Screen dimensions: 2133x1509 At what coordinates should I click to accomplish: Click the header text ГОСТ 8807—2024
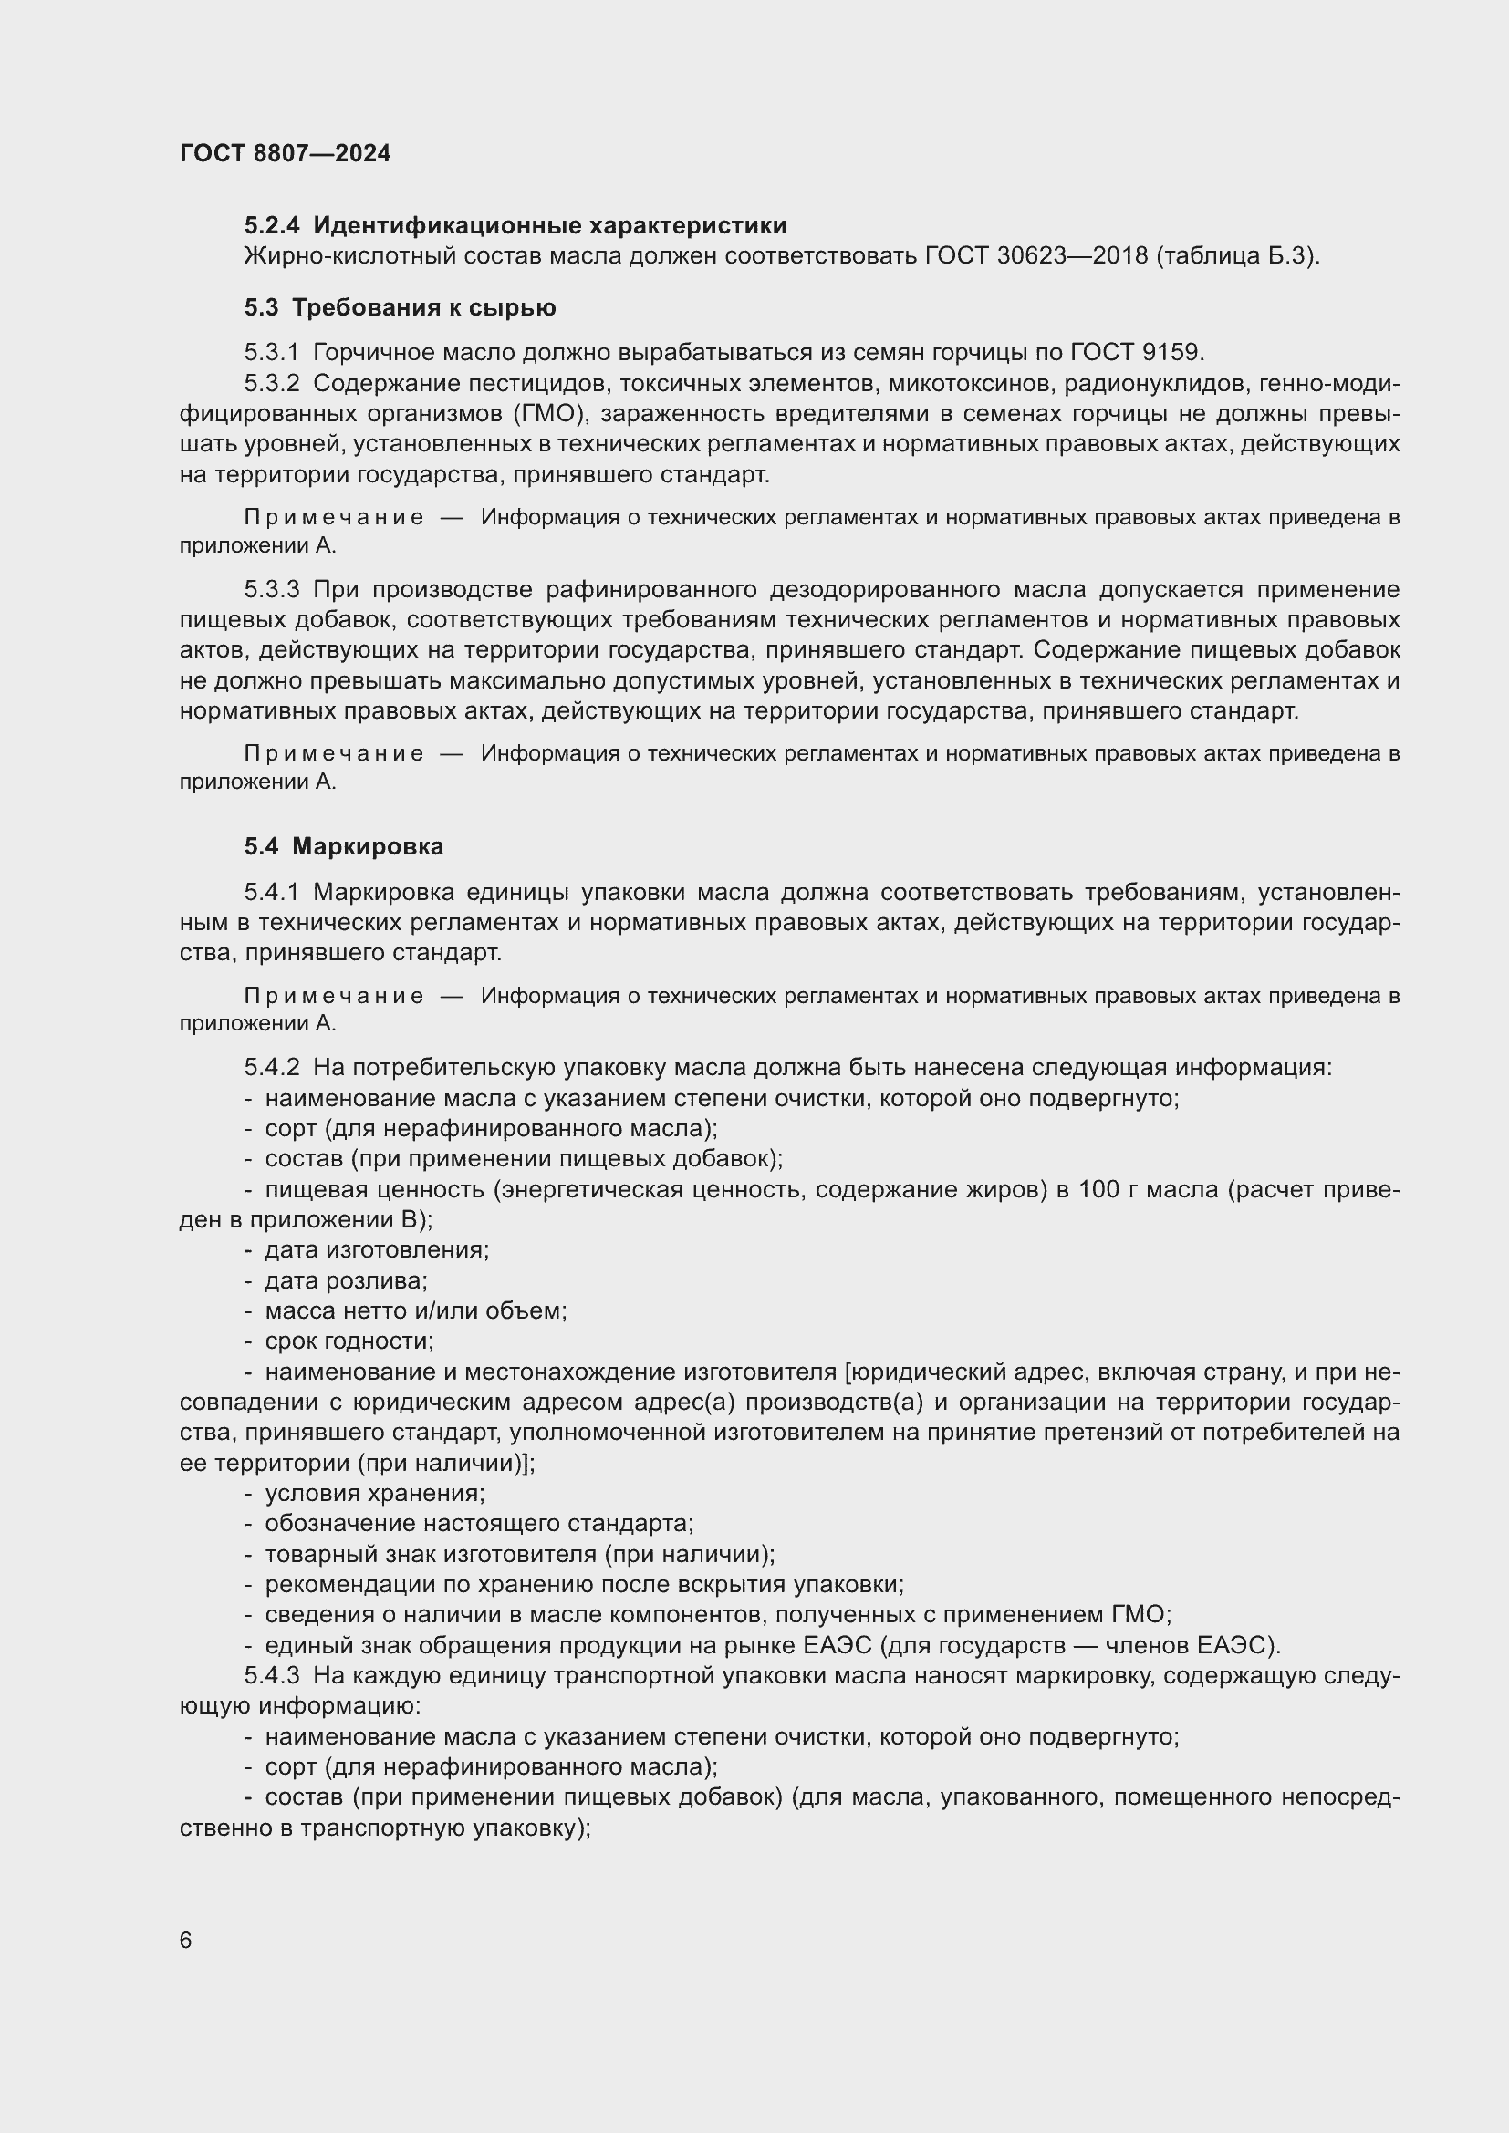pos(286,153)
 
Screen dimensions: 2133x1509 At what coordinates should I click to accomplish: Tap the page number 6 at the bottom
pos(186,1940)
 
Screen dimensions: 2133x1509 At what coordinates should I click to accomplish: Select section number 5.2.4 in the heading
pos(272,226)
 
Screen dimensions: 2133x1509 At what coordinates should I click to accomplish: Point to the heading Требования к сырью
pos(423,307)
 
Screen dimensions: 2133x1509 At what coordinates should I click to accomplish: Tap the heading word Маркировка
pos(367,846)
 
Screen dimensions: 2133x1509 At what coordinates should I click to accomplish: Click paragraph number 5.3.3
pos(272,590)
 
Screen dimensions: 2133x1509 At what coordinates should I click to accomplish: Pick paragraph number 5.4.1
pos(272,892)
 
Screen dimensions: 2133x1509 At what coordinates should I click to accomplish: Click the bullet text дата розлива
pos(345,1280)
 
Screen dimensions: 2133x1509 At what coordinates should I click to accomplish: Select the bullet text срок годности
pos(349,1341)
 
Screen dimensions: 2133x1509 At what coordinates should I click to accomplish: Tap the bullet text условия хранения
pos(374,1493)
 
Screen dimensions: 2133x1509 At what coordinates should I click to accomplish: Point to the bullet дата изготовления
pos(376,1249)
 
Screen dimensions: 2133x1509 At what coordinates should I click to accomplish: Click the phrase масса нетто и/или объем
pos(415,1310)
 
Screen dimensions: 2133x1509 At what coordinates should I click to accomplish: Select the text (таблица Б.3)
pos(1238,255)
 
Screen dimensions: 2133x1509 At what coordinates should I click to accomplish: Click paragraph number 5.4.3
pos(272,1675)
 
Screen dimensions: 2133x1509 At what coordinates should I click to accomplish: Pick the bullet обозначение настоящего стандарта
pos(479,1523)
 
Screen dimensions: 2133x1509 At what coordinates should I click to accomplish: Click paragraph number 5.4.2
pos(272,1068)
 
